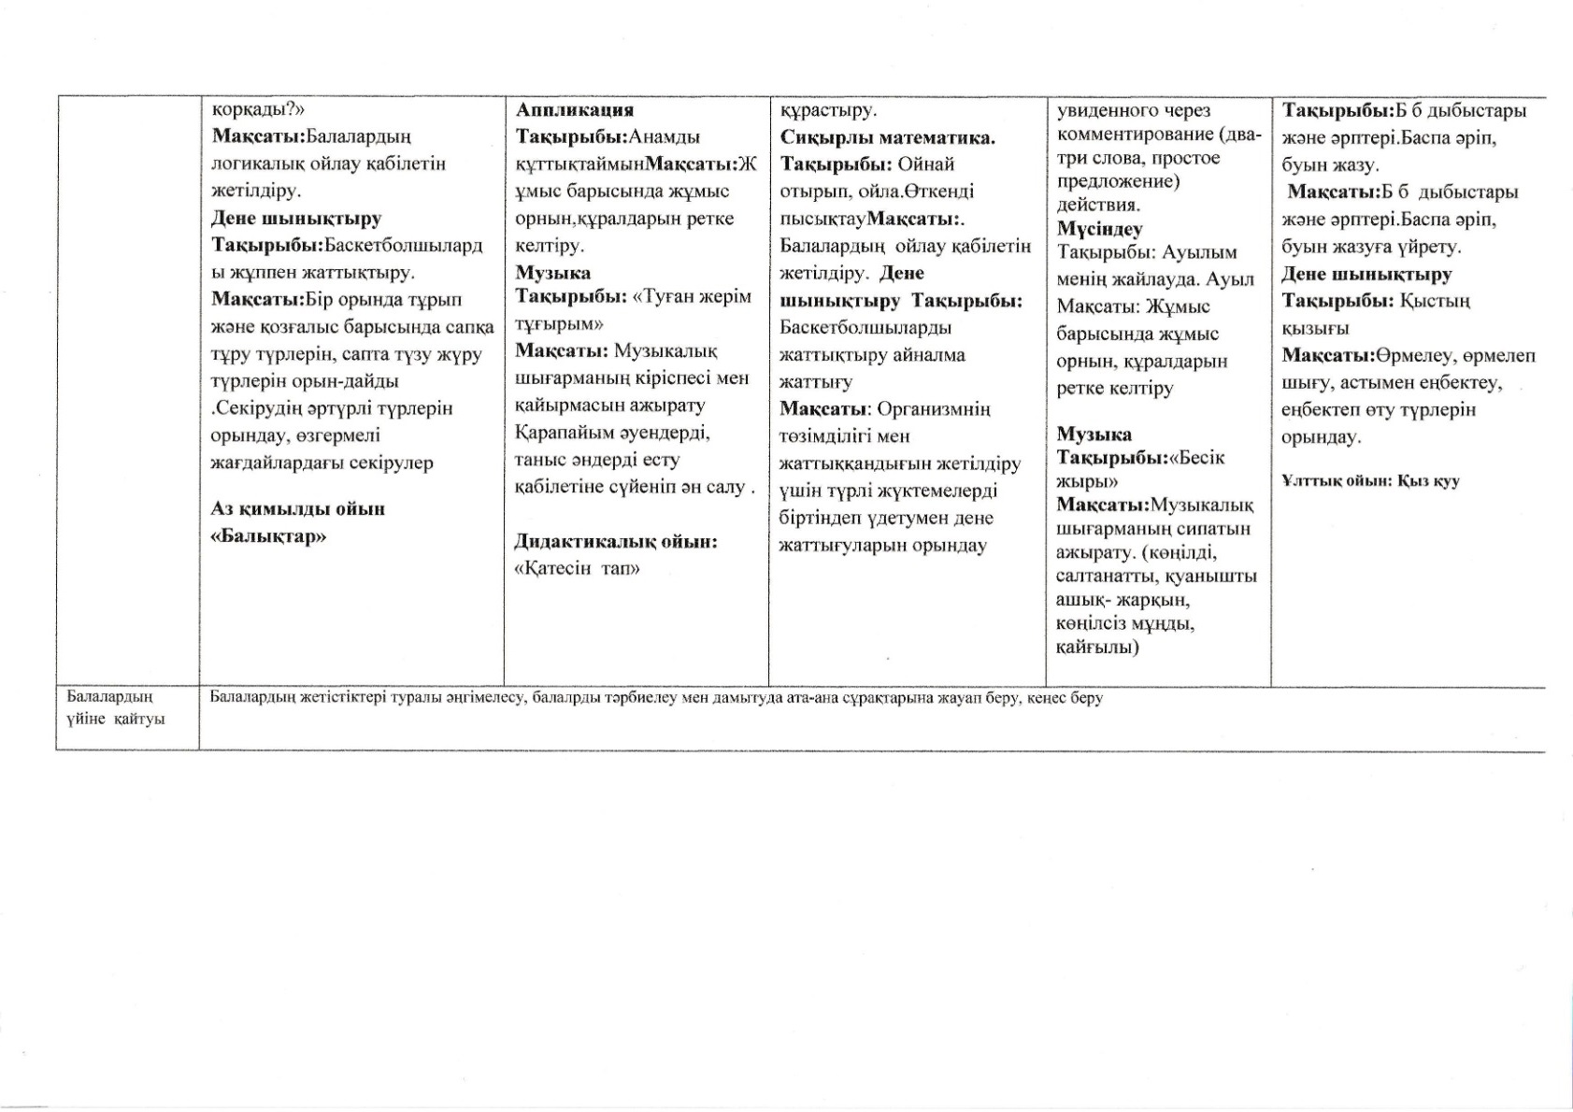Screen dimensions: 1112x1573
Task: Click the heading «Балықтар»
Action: click(268, 536)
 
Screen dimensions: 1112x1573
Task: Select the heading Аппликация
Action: click(575, 110)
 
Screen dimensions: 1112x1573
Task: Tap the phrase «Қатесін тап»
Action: click(578, 568)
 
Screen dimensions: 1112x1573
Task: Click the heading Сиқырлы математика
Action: click(888, 138)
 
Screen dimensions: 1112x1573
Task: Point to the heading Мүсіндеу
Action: click(1100, 228)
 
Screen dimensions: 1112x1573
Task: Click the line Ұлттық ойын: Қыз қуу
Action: click(1370, 481)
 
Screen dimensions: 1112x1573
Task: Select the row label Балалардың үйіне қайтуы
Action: click(116, 707)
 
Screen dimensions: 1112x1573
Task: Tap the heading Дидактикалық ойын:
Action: click(616, 541)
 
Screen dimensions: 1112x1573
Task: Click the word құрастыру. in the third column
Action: click(829, 110)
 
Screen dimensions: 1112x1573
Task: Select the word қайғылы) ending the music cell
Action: click(1097, 647)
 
